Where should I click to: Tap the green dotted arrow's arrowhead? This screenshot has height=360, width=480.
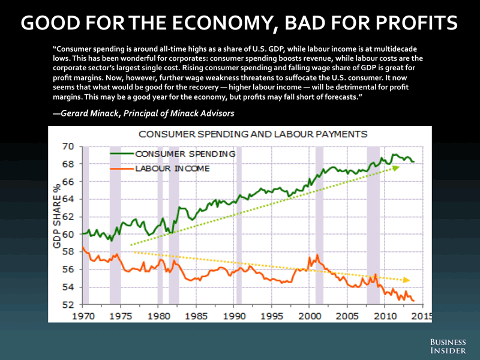click(396, 168)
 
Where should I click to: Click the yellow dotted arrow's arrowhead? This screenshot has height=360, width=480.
click(407, 280)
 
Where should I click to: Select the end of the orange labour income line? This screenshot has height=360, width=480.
click(413, 301)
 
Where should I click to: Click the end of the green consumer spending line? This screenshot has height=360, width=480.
click(413, 162)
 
